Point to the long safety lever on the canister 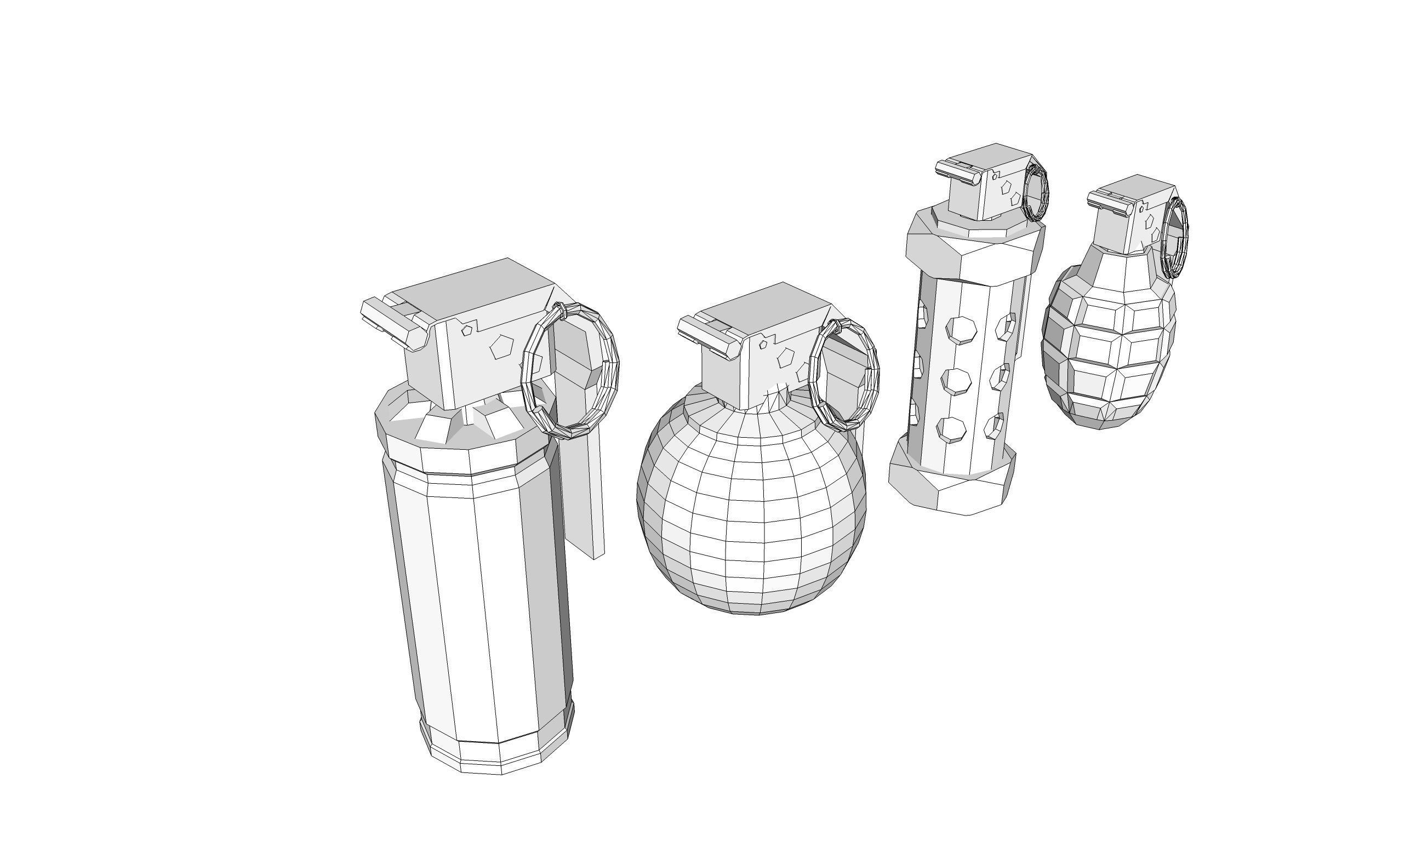583,490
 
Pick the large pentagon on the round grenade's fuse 785,358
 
